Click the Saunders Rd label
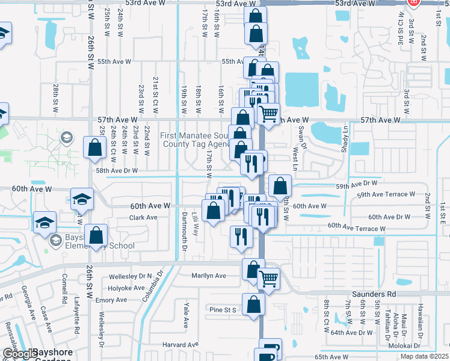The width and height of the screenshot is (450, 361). point(374,294)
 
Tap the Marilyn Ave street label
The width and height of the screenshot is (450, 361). point(208,276)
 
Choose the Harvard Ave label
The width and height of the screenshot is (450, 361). point(180,345)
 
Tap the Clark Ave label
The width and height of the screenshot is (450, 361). point(143,217)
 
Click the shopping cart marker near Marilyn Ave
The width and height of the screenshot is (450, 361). point(268,278)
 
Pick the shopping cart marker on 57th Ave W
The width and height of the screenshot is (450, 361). point(268,113)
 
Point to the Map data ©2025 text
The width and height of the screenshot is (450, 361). point(424,356)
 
